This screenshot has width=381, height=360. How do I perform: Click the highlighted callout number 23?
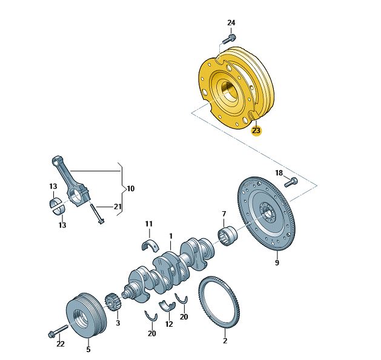256,131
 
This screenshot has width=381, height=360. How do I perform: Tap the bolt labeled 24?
229,39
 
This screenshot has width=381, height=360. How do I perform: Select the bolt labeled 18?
291,182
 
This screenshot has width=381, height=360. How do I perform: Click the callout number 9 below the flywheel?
277,263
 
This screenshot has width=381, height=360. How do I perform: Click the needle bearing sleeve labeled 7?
227,236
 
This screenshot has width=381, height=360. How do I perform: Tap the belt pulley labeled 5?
85,317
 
